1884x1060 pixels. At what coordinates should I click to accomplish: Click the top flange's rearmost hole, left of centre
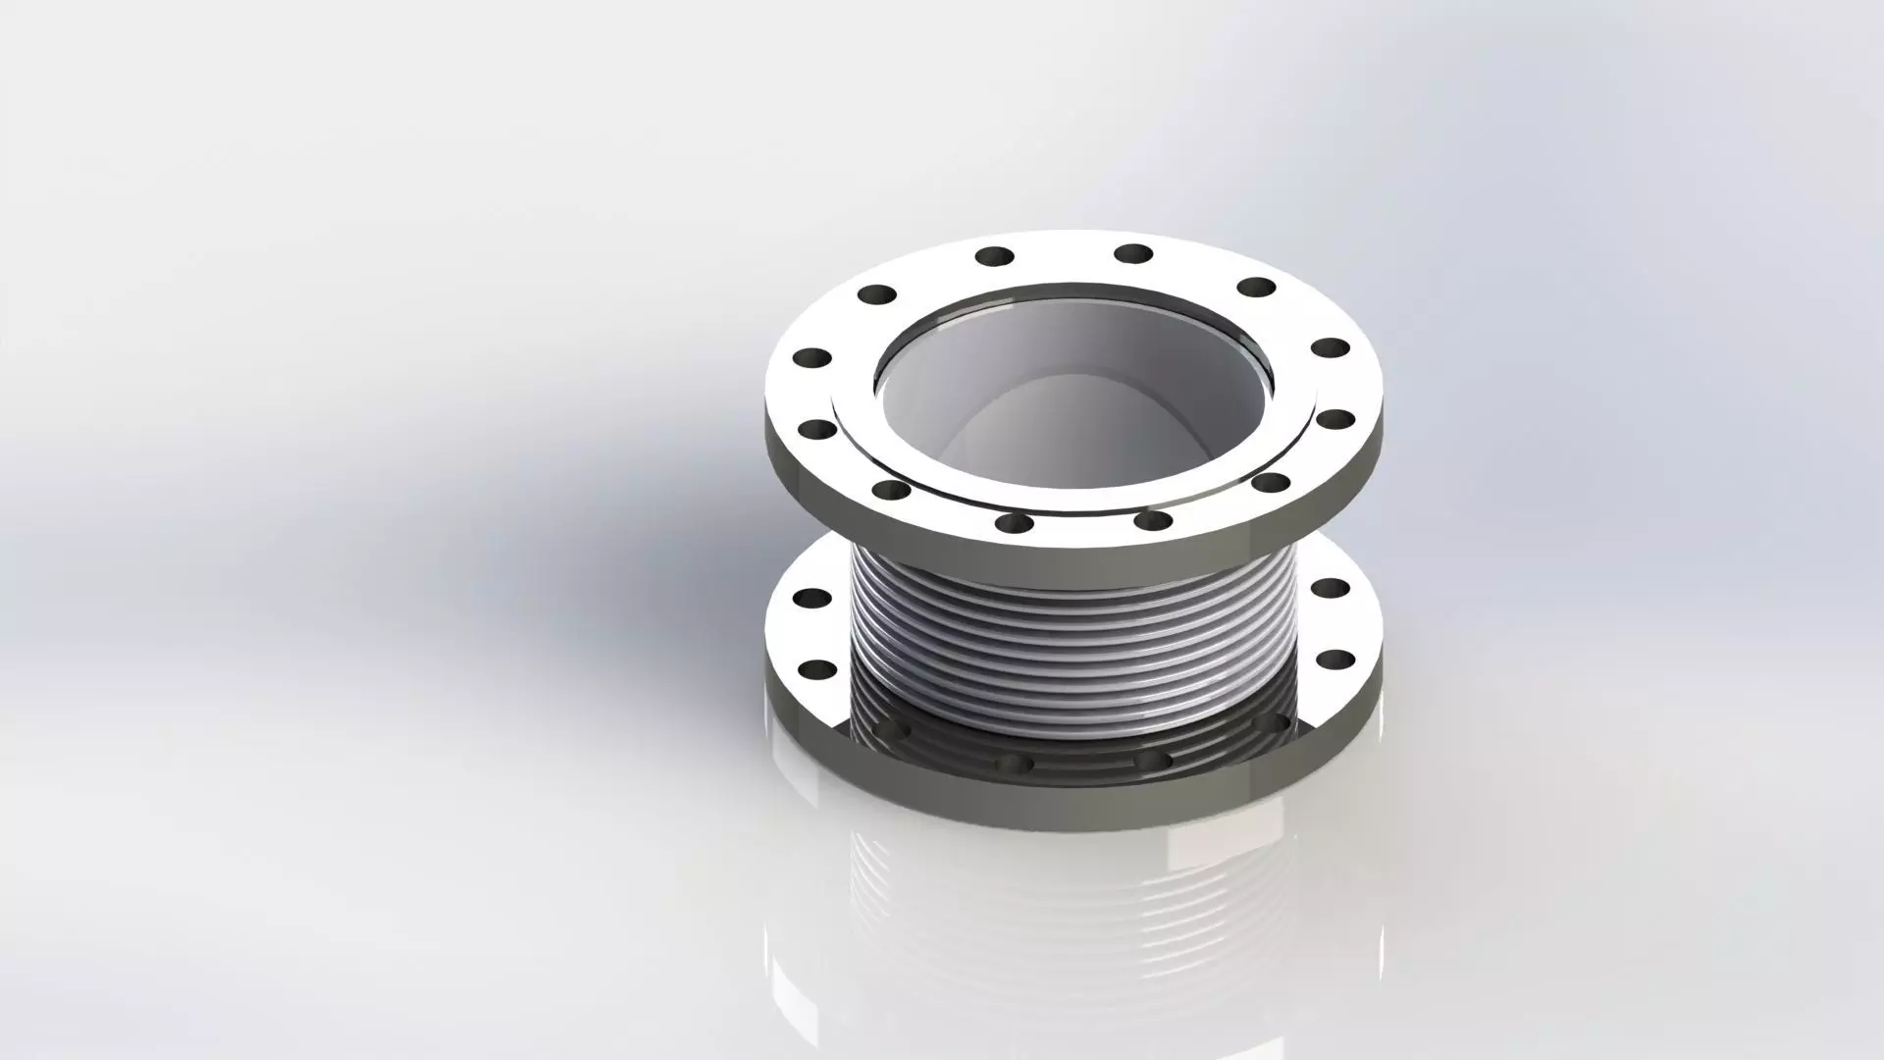(x=994, y=257)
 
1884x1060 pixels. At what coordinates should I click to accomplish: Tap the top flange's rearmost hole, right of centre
(x=1133, y=253)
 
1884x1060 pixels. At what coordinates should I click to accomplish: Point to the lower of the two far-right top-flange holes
(x=1334, y=419)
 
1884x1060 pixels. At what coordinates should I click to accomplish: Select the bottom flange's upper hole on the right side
(x=1332, y=588)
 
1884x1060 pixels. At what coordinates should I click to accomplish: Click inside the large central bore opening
(x=1070, y=412)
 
